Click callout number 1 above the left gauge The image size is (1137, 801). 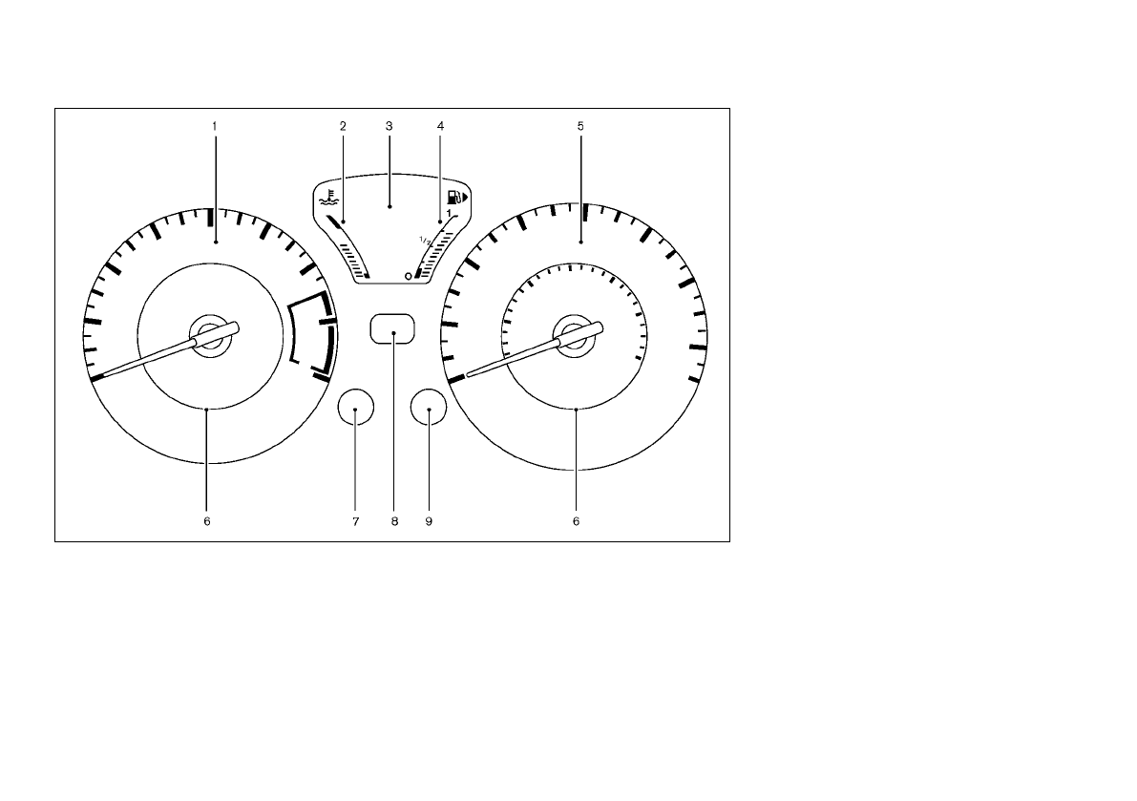[x=215, y=126]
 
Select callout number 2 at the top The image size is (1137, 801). [x=343, y=126]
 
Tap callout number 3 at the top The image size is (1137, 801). [x=389, y=126]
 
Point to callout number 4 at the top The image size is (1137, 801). [x=440, y=126]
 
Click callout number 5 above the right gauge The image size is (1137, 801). [x=580, y=126]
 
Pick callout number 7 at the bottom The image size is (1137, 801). [x=355, y=521]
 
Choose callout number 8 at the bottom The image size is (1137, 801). [x=394, y=521]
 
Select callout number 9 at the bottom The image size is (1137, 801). [x=429, y=521]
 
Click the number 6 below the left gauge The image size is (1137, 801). [x=206, y=521]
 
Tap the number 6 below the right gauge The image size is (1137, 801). [x=576, y=521]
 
